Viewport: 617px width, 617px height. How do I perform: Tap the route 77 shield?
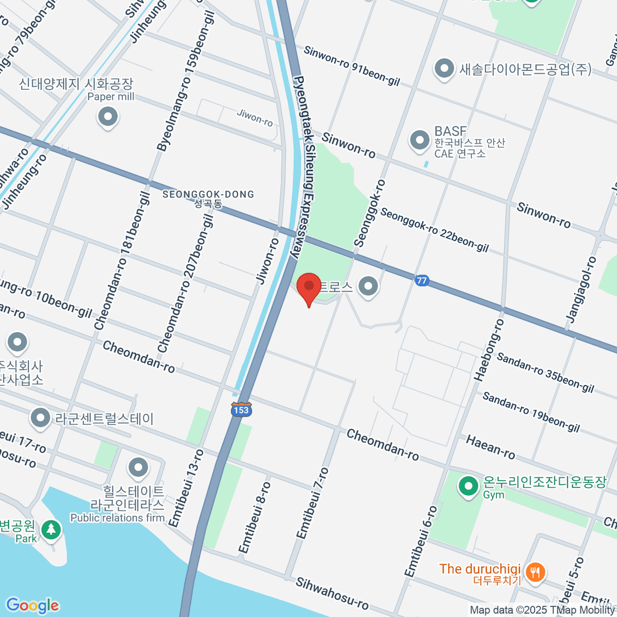point(422,280)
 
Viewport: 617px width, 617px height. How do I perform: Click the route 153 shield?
point(241,409)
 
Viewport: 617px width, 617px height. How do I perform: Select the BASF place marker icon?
point(420,140)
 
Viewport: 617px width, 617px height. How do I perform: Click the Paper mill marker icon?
point(108,117)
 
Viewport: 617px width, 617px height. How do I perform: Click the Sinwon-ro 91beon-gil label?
point(352,66)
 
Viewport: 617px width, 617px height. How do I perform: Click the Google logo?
point(32,605)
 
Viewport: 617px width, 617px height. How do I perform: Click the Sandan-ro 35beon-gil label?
point(546,373)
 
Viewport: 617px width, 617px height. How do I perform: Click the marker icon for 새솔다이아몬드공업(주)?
point(444,69)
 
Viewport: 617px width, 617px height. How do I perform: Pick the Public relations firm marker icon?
point(138,468)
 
